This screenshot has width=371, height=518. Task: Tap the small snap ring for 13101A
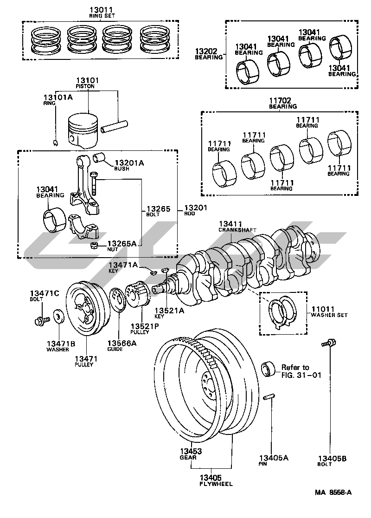(56, 142)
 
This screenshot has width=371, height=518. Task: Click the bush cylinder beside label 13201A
(99, 157)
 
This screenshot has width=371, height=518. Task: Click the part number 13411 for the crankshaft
(230, 224)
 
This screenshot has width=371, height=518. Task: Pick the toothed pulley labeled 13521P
(138, 294)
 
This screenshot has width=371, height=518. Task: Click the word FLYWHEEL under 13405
(216, 484)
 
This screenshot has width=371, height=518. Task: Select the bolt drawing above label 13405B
(329, 343)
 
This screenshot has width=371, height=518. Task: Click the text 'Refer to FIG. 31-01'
(301, 371)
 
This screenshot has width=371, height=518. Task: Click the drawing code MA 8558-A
(333, 492)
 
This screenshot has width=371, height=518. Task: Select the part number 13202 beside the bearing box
(206, 51)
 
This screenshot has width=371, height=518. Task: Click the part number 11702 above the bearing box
(280, 100)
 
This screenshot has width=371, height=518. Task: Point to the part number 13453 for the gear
(191, 451)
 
